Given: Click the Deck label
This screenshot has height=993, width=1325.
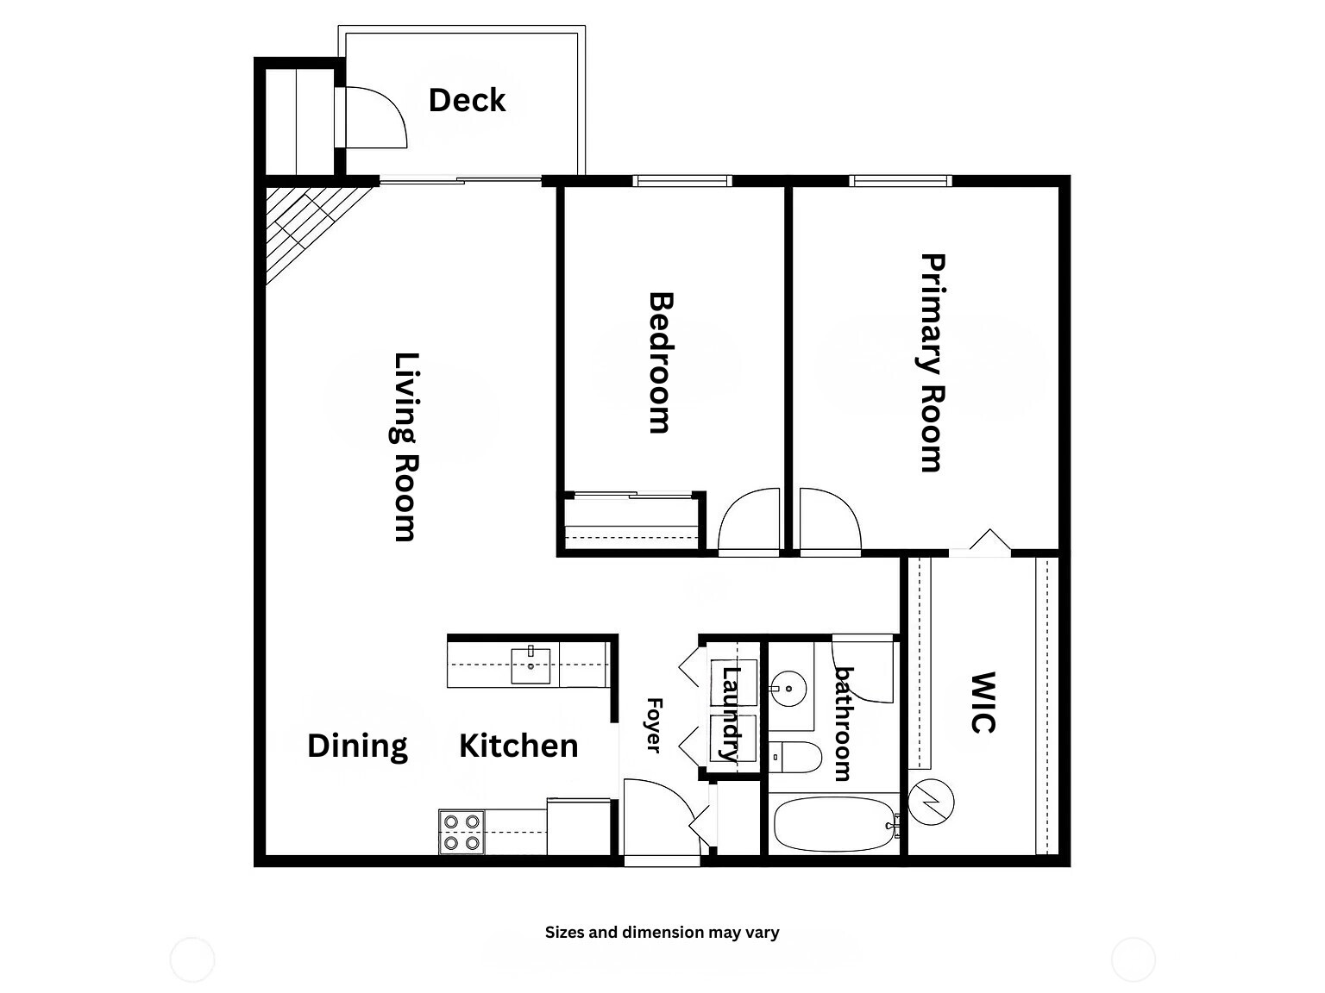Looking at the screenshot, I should [467, 100].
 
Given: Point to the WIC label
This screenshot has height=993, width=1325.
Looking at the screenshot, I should [983, 703].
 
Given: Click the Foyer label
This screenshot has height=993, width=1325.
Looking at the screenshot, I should [654, 725].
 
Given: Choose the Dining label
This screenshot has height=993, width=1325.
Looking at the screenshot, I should [357, 746].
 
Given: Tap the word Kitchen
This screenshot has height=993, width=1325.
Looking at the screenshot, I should [518, 746].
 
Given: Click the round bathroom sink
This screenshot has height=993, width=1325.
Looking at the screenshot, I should [788, 689].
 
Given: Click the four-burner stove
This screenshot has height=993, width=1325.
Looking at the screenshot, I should [461, 832].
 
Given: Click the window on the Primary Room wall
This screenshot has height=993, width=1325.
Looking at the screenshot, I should [901, 181].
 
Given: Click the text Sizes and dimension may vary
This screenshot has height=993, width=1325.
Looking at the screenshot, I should [662, 932].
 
